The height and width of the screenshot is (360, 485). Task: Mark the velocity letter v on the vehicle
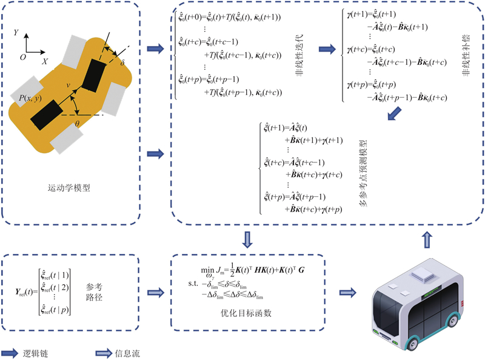click(69, 85)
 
